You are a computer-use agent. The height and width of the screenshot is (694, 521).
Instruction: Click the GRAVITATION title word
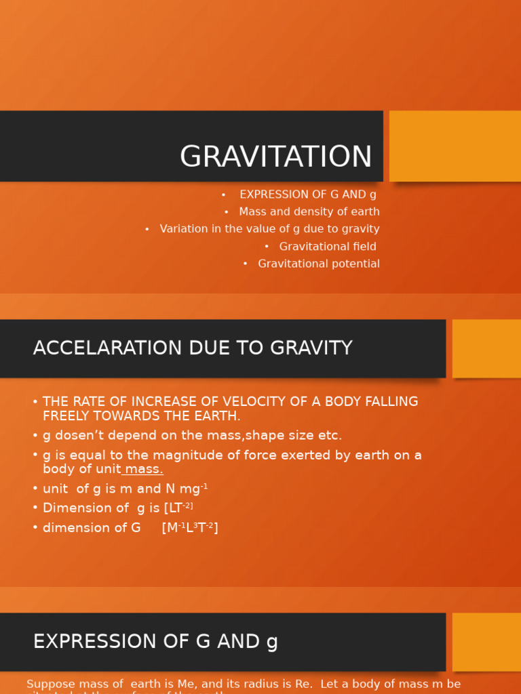coord(276,157)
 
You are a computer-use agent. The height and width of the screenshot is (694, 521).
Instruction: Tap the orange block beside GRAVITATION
coord(455,146)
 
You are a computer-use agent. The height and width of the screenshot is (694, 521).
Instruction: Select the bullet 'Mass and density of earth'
coord(309,212)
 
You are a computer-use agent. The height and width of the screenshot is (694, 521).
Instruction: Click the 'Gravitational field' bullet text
coord(328,247)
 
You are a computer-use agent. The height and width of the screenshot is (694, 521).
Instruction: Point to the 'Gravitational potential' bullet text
coord(319,264)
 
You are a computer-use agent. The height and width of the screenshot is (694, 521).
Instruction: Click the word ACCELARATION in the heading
coord(95,348)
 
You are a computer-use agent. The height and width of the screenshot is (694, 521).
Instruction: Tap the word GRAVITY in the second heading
coord(311,348)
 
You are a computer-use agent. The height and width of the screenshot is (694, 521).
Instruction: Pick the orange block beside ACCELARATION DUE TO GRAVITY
coord(486,348)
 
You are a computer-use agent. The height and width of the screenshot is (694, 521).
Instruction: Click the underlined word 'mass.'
coord(144,470)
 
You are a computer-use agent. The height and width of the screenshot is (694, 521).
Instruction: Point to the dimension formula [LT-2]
coord(178,508)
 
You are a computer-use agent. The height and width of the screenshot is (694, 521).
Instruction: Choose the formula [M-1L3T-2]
coord(190,528)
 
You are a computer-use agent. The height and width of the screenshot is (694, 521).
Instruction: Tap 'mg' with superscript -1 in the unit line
coord(193,489)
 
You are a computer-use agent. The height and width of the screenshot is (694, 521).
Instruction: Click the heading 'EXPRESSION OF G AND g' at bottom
coord(155,642)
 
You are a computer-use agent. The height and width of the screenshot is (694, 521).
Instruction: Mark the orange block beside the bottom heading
coord(486,642)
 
